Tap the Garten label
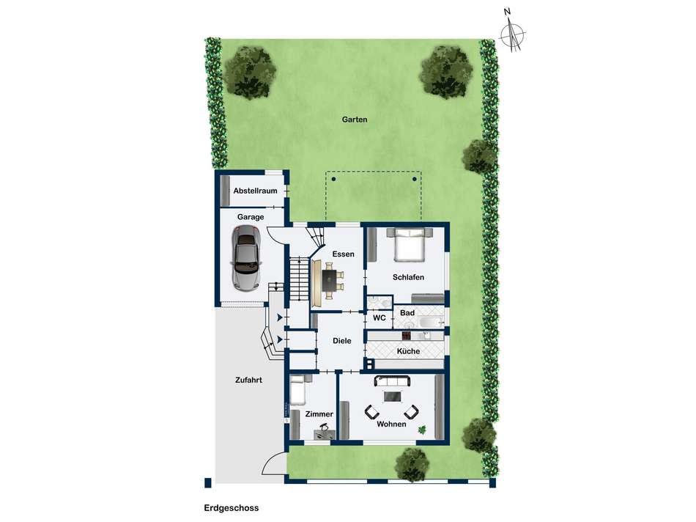(355, 120)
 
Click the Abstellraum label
(255, 191)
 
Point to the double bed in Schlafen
(410, 244)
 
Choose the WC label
(379, 318)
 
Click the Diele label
(342, 341)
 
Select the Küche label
(408, 351)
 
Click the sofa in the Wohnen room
(392, 381)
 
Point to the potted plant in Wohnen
(421, 430)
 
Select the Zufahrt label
(248, 381)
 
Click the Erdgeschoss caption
(232, 508)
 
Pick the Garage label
(251, 217)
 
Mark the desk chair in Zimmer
(323, 428)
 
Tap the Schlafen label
(408, 277)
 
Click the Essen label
(344, 254)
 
